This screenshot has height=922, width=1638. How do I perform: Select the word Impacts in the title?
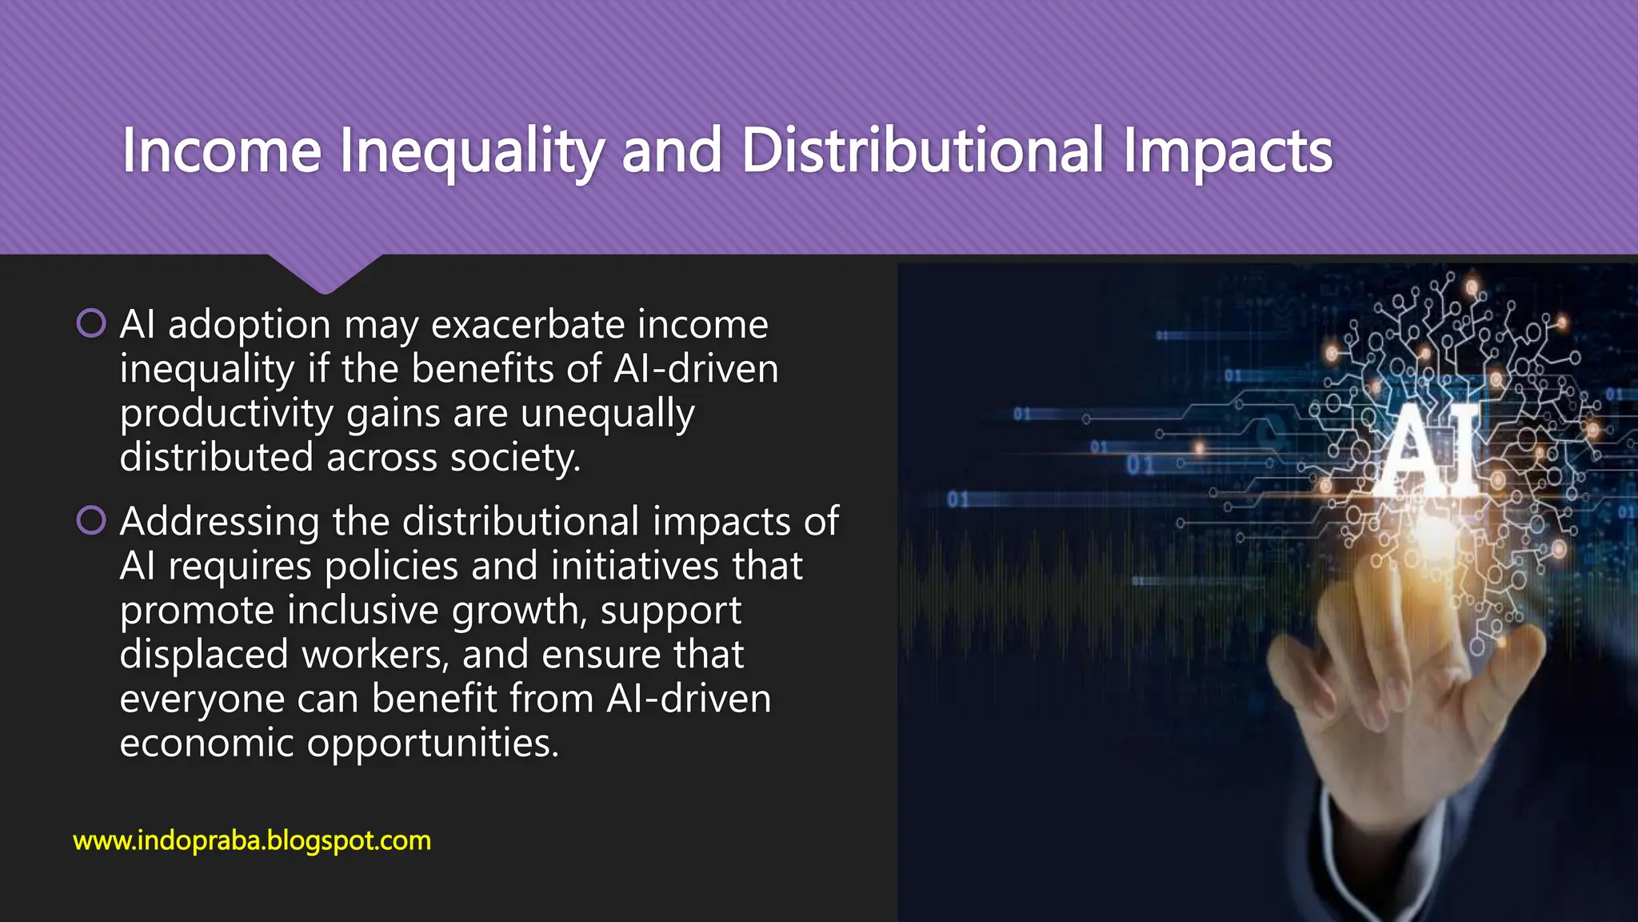tap(1228, 152)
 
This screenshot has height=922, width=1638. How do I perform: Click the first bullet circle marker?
tap(91, 323)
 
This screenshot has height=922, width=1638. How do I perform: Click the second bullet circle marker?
tap(91, 520)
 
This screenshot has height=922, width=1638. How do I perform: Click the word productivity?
tap(226, 414)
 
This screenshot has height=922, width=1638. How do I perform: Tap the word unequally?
tap(607, 414)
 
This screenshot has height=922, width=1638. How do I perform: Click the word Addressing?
tap(220, 522)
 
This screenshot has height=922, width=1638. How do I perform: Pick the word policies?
tap(391, 566)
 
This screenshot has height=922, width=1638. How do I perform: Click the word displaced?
tap(204, 655)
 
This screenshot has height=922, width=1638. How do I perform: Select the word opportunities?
tap(433, 744)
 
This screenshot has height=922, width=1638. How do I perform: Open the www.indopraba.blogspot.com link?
tap(252, 840)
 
